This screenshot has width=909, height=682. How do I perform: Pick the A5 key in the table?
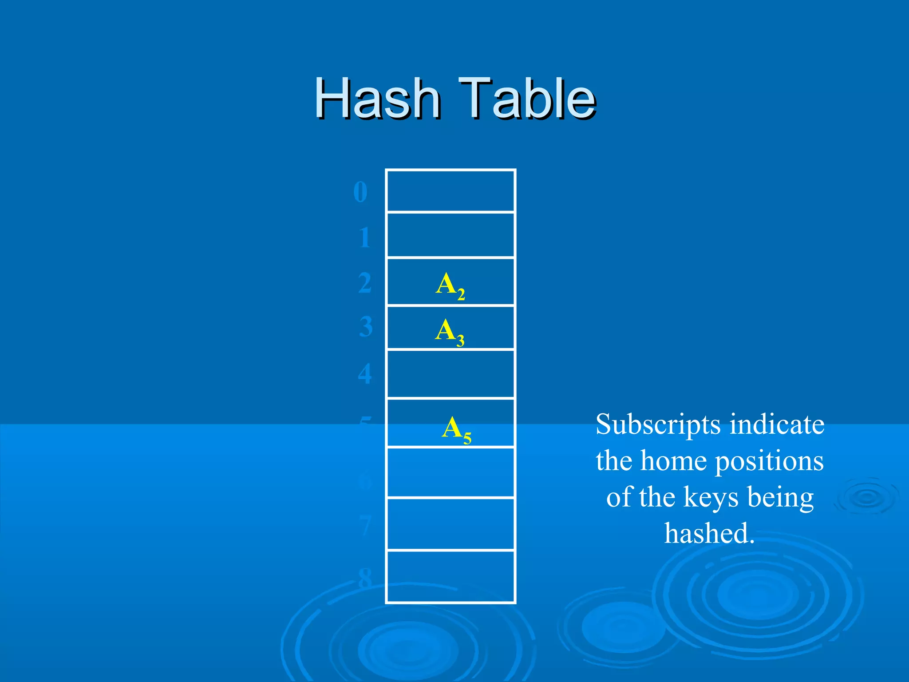point(456,429)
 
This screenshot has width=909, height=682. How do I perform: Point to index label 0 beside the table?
point(360,192)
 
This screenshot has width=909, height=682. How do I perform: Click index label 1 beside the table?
point(364,238)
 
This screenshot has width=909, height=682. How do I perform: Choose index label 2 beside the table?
point(365,283)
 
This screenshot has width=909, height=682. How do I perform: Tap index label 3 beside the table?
point(366,327)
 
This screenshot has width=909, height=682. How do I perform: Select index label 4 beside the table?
point(365,373)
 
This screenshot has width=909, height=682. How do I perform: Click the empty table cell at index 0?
point(450,191)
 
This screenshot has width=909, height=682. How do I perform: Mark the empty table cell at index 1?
point(450,235)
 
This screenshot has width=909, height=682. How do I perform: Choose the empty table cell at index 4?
point(450,374)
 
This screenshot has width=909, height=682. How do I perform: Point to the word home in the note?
point(674,461)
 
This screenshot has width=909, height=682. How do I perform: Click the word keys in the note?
point(711,497)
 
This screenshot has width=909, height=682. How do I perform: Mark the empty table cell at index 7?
point(450,524)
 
